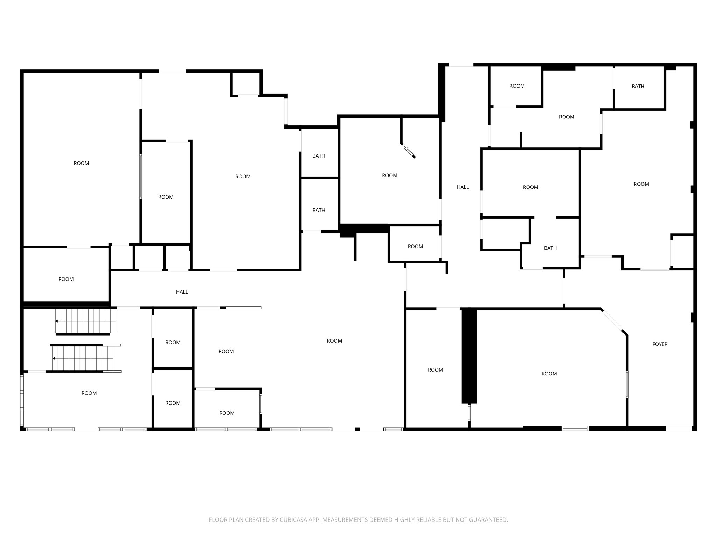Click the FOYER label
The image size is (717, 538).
coord(660,344)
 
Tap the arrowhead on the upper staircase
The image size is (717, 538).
coord(57,321)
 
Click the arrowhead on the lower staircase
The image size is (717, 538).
coord(54,358)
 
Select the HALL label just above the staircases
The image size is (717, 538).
coord(182,292)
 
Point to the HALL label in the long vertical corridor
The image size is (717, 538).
coord(462,187)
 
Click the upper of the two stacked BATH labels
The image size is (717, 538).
coord(319,156)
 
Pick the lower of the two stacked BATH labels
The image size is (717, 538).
coord(319,210)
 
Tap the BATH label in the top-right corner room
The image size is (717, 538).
coord(638,86)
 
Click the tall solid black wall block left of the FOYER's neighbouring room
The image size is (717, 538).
coord(469,356)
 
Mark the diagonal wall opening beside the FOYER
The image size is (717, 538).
coord(612,320)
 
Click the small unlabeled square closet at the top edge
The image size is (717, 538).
coord(245,83)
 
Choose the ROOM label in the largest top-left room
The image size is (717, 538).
coord(81,163)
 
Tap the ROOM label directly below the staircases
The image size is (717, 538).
coord(89,393)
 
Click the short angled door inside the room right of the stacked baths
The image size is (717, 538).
coord(408,151)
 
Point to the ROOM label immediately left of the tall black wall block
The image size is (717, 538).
coord(435,370)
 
